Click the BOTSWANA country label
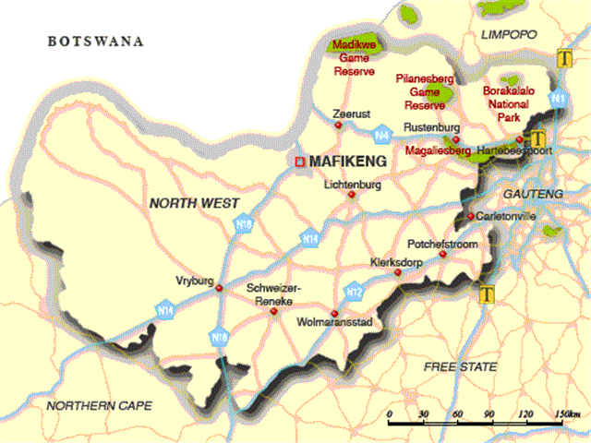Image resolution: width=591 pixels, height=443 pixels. click(x=97, y=42)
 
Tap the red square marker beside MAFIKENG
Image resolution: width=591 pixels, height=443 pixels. click(x=299, y=162)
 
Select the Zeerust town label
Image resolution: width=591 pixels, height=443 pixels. click(x=352, y=114)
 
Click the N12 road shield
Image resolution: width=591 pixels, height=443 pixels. click(x=352, y=292)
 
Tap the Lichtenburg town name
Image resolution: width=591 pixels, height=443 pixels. click(x=353, y=185)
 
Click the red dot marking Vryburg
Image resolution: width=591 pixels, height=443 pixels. click(x=219, y=288)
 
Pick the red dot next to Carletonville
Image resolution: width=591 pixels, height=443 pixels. click(x=470, y=217)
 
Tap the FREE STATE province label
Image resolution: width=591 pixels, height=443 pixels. click(x=460, y=367)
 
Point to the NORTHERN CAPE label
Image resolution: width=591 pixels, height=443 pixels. click(x=101, y=405)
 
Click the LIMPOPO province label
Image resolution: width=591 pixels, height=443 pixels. click(x=509, y=34)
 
